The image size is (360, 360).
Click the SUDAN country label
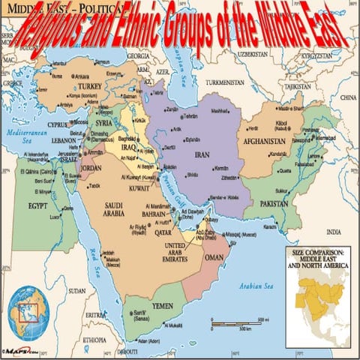[x=76, y=289]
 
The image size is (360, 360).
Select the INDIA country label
[x=334, y=232]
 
